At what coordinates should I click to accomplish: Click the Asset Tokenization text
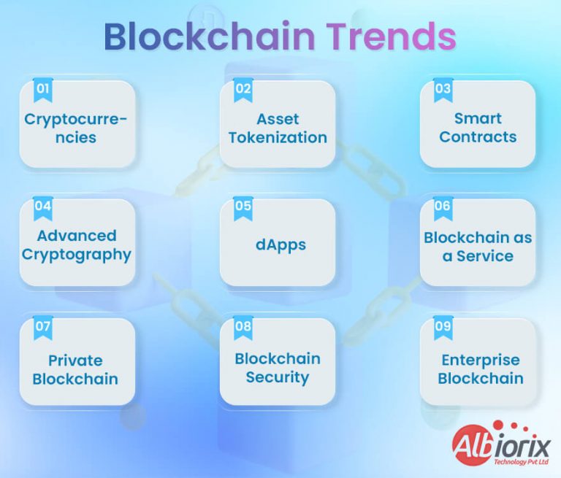[278, 128]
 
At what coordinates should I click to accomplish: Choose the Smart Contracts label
[478, 128]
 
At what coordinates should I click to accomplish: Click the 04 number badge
[43, 207]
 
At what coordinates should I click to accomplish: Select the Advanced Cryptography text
[77, 245]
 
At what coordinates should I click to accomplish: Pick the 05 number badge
[243, 207]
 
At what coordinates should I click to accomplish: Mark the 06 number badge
[443, 207]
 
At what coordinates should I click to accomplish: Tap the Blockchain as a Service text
[478, 247]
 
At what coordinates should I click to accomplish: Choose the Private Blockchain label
[75, 369]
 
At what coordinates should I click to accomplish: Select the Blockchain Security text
[278, 368]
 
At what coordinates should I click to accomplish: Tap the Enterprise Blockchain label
[480, 369]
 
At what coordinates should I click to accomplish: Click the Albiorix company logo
[500, 442]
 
